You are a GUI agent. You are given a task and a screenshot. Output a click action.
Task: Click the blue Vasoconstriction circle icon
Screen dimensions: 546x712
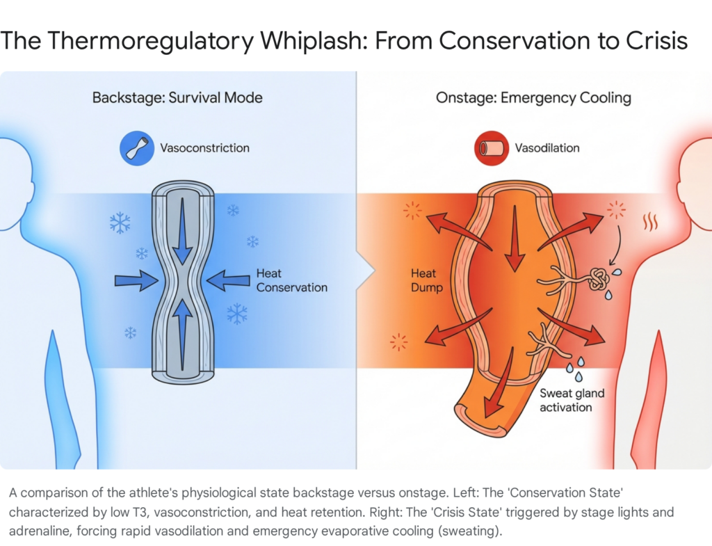(136, 148)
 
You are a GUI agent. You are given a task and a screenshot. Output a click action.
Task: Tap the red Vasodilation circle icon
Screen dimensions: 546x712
(491, 148)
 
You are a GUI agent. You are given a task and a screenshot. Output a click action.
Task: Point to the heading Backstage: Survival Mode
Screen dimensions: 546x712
(177, 97)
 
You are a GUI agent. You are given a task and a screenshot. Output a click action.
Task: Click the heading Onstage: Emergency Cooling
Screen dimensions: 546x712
(533, 97)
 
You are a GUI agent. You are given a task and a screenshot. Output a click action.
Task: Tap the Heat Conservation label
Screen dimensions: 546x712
(291, 280)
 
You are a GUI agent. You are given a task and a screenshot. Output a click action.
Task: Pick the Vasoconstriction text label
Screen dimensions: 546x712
(204, 148)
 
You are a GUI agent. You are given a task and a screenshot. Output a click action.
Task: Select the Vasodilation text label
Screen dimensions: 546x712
(547, 148)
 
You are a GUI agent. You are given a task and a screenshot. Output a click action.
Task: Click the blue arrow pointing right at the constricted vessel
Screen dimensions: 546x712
(136, 280)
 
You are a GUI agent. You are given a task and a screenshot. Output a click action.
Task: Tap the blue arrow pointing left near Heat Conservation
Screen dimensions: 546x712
(228, 280)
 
